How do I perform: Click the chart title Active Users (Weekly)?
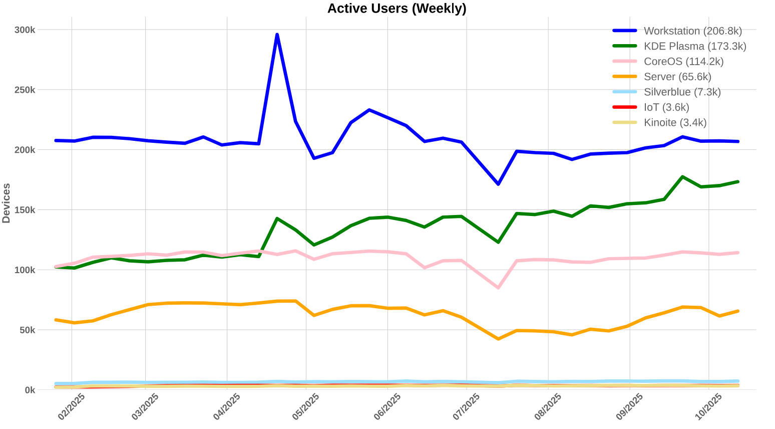397,9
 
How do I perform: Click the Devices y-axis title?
7,203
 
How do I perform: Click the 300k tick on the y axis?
25,30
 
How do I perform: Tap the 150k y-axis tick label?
25,210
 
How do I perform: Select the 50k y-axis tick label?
27,330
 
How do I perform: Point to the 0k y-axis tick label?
29,390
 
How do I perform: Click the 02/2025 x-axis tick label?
71,406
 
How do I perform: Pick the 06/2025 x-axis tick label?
387,406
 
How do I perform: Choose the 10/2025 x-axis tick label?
708,406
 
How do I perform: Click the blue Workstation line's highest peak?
277,35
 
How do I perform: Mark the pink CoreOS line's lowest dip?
498,288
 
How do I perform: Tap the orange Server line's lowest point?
498,339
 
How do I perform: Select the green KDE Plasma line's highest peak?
682,177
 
